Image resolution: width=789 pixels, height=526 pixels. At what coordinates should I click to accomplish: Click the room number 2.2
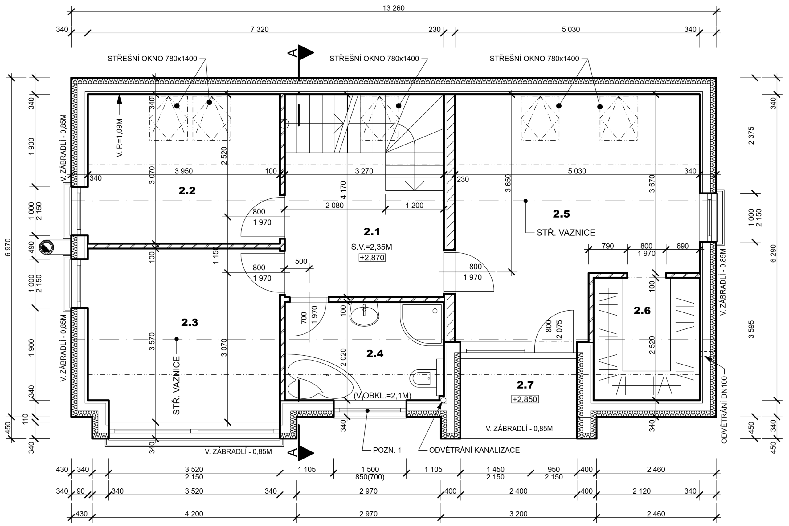click(187, 190)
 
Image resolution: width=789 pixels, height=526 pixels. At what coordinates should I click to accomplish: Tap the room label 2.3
click(190, 322)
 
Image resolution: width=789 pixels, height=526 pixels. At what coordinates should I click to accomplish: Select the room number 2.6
click(642, 311)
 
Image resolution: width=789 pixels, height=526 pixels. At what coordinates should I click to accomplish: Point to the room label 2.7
click(525, 385)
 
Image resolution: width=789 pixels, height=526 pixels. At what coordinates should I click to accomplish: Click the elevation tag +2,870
click(372, 258)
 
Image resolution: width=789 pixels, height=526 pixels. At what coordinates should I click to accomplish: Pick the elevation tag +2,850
click(525, 399)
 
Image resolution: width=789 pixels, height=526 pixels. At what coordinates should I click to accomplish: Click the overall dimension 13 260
click(394, 8)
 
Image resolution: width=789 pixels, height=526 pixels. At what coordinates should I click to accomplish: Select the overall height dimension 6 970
click(8, 247)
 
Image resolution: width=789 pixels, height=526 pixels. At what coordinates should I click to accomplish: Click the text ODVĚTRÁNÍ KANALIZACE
click(474, 450)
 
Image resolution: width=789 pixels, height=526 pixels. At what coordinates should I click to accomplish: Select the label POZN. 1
click(387, 450)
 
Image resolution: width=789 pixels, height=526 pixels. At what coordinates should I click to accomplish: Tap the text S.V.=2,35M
click(371, 247)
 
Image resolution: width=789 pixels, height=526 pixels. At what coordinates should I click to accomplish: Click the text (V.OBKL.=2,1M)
click(382, 396)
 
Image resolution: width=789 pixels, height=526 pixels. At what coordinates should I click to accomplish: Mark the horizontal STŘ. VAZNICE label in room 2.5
click(566, 232)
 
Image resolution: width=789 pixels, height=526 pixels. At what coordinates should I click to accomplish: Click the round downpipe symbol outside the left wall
click(46, 247)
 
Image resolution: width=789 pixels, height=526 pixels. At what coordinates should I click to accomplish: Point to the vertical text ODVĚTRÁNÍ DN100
click(724, 410)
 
